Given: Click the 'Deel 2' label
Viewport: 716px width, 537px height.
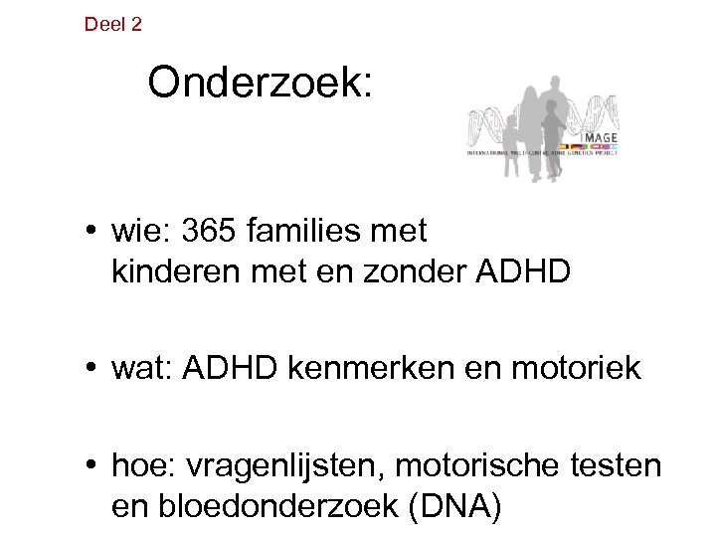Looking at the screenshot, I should pos(113,24).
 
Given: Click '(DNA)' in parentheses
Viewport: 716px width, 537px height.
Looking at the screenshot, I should pos(452,506).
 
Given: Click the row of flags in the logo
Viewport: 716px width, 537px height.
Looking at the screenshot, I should pos(597,144).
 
